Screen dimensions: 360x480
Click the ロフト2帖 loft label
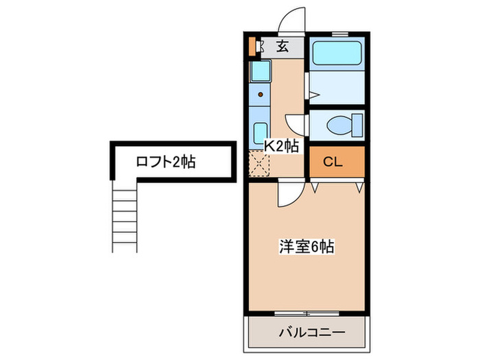pyautogui.click(x=165, y=163)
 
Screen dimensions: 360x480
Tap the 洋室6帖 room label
pyautogui.click(x=306, y=247)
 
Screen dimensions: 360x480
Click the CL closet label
pyautogui.click(x=333, y=163)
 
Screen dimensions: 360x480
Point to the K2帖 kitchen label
pyautogui.click(x=282, y=145)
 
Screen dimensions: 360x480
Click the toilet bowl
pyautogui.click(x=337, y=125)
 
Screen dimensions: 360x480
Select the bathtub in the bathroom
pyautogui.click(x=337, y=54)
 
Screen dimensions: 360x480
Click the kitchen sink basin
pyautogui.click(x=261, y=132)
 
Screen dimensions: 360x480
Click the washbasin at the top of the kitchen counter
pyautogui.click(x=260, y=71)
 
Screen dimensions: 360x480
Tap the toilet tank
pyautogui.click(x=357, y=125)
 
